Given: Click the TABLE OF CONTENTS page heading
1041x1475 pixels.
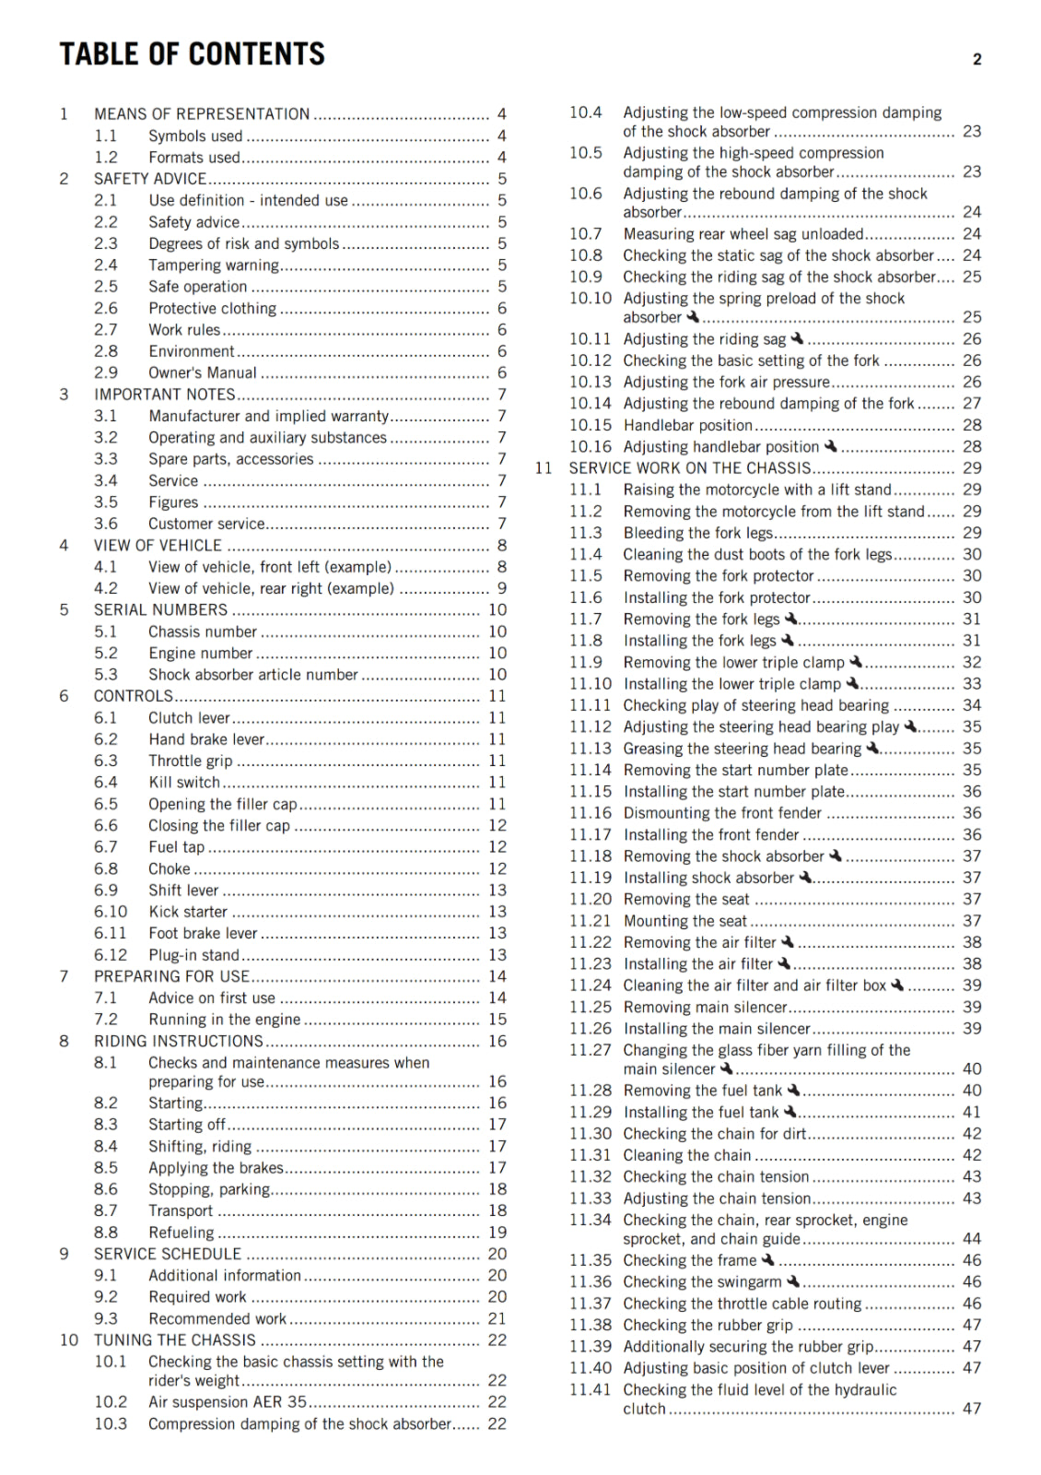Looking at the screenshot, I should pos(193,54).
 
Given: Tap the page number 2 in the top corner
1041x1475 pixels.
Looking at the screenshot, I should pos(977,60).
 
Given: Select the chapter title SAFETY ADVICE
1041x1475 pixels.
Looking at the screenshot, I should pos(150,179).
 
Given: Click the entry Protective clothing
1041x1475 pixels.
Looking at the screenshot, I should pos(212,309).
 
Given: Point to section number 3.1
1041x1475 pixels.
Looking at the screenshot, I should pos(106,417).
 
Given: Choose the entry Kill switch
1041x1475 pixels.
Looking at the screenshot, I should pos(184,783).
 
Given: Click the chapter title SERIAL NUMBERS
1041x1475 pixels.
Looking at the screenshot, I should pos(160,610).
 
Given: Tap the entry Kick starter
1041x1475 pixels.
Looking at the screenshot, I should pos(188,912).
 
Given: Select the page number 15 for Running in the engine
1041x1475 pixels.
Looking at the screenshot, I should pos(497,1020).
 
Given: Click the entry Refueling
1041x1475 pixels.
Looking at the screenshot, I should pos(181,1233).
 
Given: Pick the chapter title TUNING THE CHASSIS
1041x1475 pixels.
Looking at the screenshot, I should pos(175,1340).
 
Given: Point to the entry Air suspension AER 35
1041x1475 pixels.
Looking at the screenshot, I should pos(228,1402).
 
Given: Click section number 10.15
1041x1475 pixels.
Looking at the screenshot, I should pos(590,426).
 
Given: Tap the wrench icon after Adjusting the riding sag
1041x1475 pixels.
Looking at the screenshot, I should pos(798,339).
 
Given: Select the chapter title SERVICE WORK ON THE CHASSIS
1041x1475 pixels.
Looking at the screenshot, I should pos(690,468).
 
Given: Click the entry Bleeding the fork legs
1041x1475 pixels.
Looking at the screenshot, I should pos(697,533).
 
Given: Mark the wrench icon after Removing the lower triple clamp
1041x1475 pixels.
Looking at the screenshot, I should pos(856,662).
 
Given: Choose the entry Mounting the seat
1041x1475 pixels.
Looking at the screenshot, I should pos(685,921).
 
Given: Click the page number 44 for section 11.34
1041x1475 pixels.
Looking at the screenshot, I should pos(972,1239).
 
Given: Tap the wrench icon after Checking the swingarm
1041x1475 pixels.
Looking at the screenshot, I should pos(793,1281).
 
